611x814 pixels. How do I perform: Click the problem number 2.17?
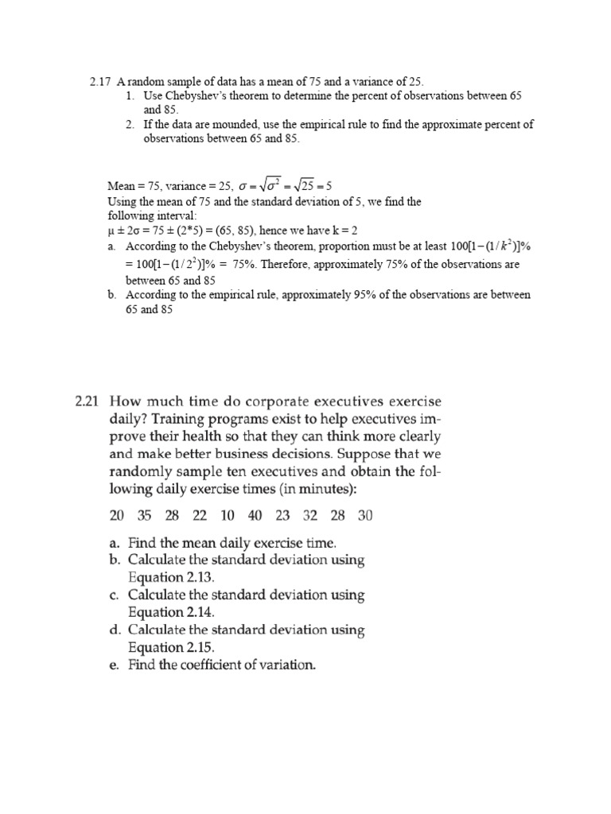pos(100,81)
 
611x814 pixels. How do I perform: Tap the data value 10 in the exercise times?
pos(228,516)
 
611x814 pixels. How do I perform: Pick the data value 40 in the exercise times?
pos(255,516)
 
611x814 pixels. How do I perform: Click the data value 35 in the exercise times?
pos(144,516)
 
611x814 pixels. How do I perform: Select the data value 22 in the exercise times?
pos(200,516)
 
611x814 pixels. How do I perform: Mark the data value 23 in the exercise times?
pos(282,516)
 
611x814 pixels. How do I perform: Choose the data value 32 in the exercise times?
pos(310,516)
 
